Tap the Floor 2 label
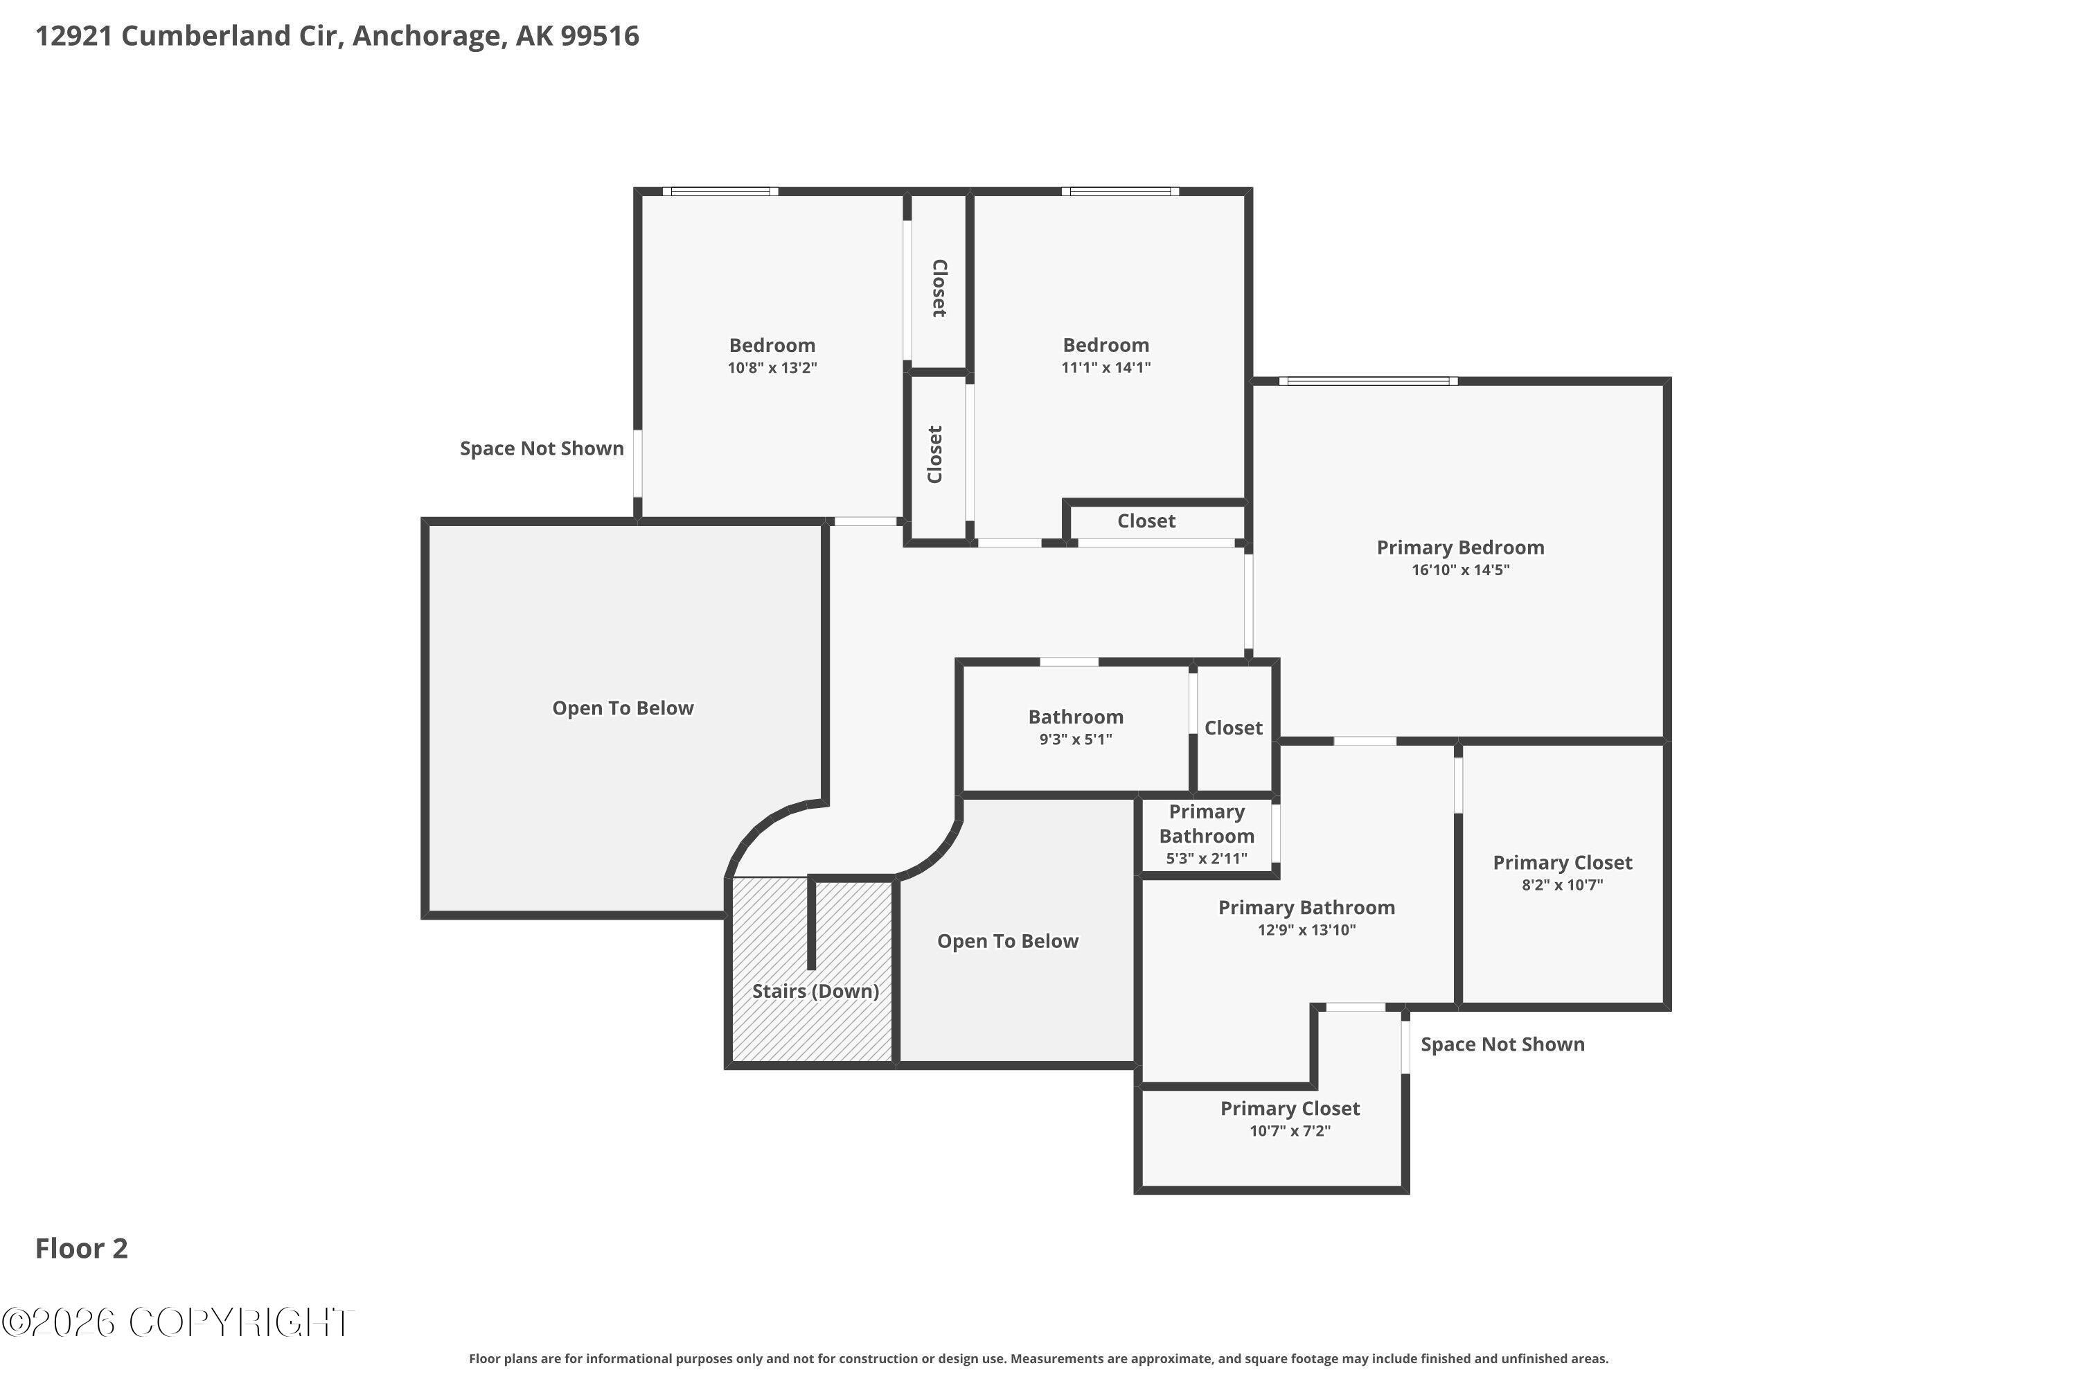81,1248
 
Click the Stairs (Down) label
815,991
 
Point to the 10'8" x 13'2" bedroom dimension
772,368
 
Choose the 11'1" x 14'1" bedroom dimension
1106,368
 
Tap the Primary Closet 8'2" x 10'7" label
1563,872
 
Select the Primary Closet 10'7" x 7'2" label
1290,1119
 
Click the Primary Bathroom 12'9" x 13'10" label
1306,918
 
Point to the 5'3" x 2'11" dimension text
1207,859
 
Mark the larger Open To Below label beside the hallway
623,708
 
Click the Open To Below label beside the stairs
1008,941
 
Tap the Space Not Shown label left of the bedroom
542,448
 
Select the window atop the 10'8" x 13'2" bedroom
721,192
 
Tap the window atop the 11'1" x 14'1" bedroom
1120,192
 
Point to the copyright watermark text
177,1322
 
